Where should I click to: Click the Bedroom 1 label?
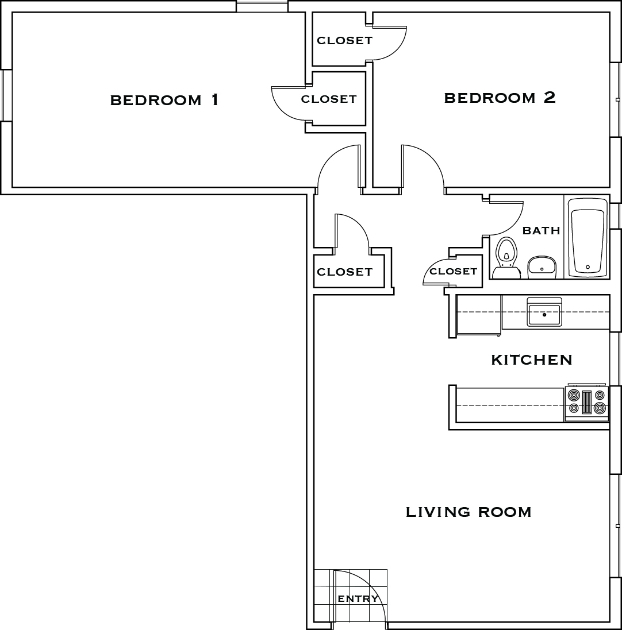point(164,100)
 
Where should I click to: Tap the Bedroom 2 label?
point(500,98)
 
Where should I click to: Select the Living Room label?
point(469,512)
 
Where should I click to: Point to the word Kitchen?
point(532,360)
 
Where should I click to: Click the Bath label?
point(541,231)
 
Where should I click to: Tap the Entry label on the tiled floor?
point(358,598)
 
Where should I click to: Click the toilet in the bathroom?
point(506,258)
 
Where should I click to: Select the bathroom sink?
point(542,267)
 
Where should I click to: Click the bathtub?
point(587,237)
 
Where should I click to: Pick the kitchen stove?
point(587,403)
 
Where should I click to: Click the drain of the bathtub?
point(588,267)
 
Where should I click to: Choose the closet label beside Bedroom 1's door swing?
point(328,99)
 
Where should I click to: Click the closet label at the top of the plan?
point(344,40)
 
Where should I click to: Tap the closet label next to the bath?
point(453,271)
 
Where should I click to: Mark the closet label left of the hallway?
point(344,272)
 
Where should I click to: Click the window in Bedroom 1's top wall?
point(262,6)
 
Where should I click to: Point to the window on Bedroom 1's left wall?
point(7,95)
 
